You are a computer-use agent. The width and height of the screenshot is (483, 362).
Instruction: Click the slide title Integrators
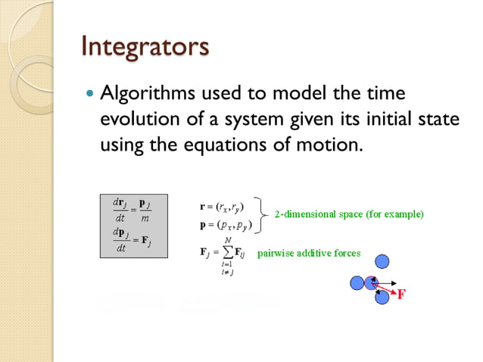tap(145, 47)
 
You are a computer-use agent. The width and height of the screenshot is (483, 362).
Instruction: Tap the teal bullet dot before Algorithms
tap(90, 95)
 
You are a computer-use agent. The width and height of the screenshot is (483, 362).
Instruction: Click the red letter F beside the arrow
tap(402, 295)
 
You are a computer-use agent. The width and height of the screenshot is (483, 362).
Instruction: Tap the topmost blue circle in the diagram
tap(383, 261)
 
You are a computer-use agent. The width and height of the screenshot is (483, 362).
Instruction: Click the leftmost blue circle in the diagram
tap(357, 282)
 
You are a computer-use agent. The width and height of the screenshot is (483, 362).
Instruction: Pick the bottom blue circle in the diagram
tap(382, 298)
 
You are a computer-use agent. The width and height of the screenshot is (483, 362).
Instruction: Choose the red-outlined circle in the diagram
tap(371, 282)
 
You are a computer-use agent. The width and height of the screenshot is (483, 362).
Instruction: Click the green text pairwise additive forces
tap(309, 252)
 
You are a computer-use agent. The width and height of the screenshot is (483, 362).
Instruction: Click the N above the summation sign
tap(227, 239)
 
